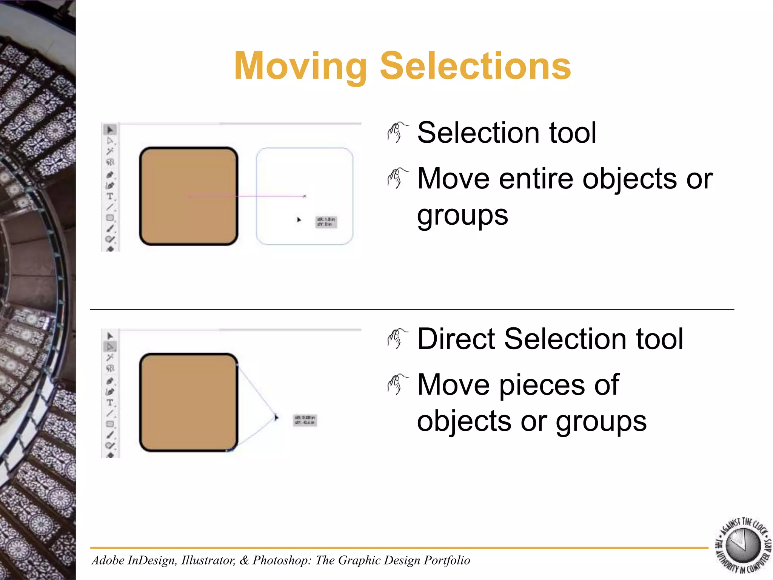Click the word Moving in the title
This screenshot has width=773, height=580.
click(300, 67)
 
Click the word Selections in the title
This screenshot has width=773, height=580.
click(475, 67)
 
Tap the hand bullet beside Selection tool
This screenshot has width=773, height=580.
click(397, 133)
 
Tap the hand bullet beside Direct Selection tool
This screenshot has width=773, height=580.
click(397, 339)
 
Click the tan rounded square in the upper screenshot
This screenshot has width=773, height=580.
click(188, 196)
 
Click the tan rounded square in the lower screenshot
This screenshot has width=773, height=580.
click(188, 402)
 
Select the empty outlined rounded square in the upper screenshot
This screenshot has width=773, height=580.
click(304, 170)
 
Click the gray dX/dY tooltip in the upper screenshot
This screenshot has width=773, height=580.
click(326, 222)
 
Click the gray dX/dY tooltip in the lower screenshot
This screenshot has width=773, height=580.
click(305, 420)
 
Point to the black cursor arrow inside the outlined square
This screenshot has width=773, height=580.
click(299, 219)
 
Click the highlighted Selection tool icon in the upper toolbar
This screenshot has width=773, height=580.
click(110, 130)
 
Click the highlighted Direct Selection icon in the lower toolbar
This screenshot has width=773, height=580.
click(110, 346)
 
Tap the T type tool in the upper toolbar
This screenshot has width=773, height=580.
click(109, 196)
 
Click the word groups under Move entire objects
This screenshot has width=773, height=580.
click(462, 215)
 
